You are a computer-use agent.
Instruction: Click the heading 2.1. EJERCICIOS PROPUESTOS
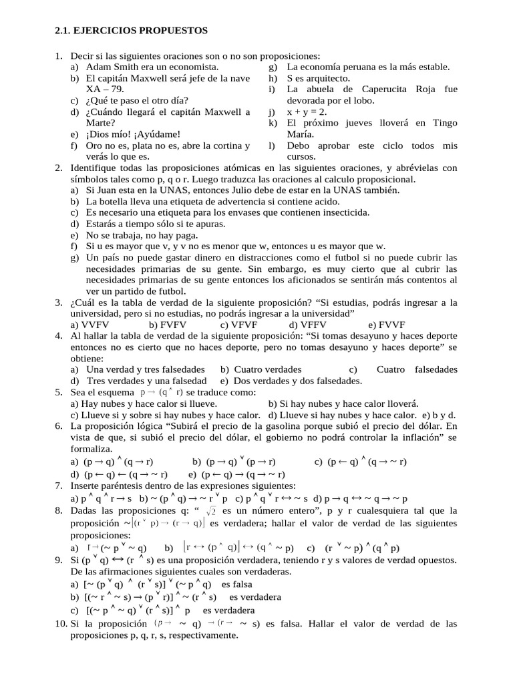[131, 31]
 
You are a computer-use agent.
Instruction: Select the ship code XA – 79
[106, 89]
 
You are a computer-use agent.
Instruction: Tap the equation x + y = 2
[307, 112]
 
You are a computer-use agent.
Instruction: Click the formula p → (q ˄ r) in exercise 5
[161, 392]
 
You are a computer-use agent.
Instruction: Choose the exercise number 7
[59, 486]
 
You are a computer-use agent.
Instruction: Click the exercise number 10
[61, 624]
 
